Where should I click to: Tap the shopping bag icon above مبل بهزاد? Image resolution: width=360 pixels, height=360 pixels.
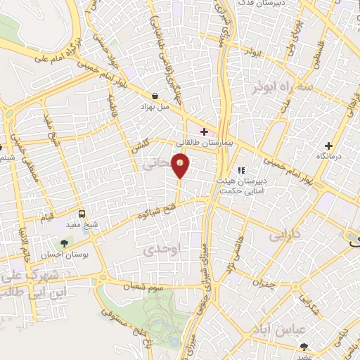(x=155, y=96)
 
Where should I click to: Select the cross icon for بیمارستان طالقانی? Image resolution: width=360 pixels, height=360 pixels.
(x=205, y=131)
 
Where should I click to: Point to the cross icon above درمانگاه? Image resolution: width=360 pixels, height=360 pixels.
(x=328, y=145)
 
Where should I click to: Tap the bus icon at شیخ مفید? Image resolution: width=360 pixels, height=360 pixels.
(x=82, y=214)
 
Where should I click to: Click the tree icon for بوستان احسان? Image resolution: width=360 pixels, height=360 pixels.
(x=65, y=243)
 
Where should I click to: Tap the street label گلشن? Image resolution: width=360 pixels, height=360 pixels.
(x=141, y=148)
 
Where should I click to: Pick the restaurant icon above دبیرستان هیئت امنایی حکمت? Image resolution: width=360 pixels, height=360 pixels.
(x=240, y=170)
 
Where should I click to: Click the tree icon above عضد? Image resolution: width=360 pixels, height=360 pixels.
(x=304, y=347)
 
